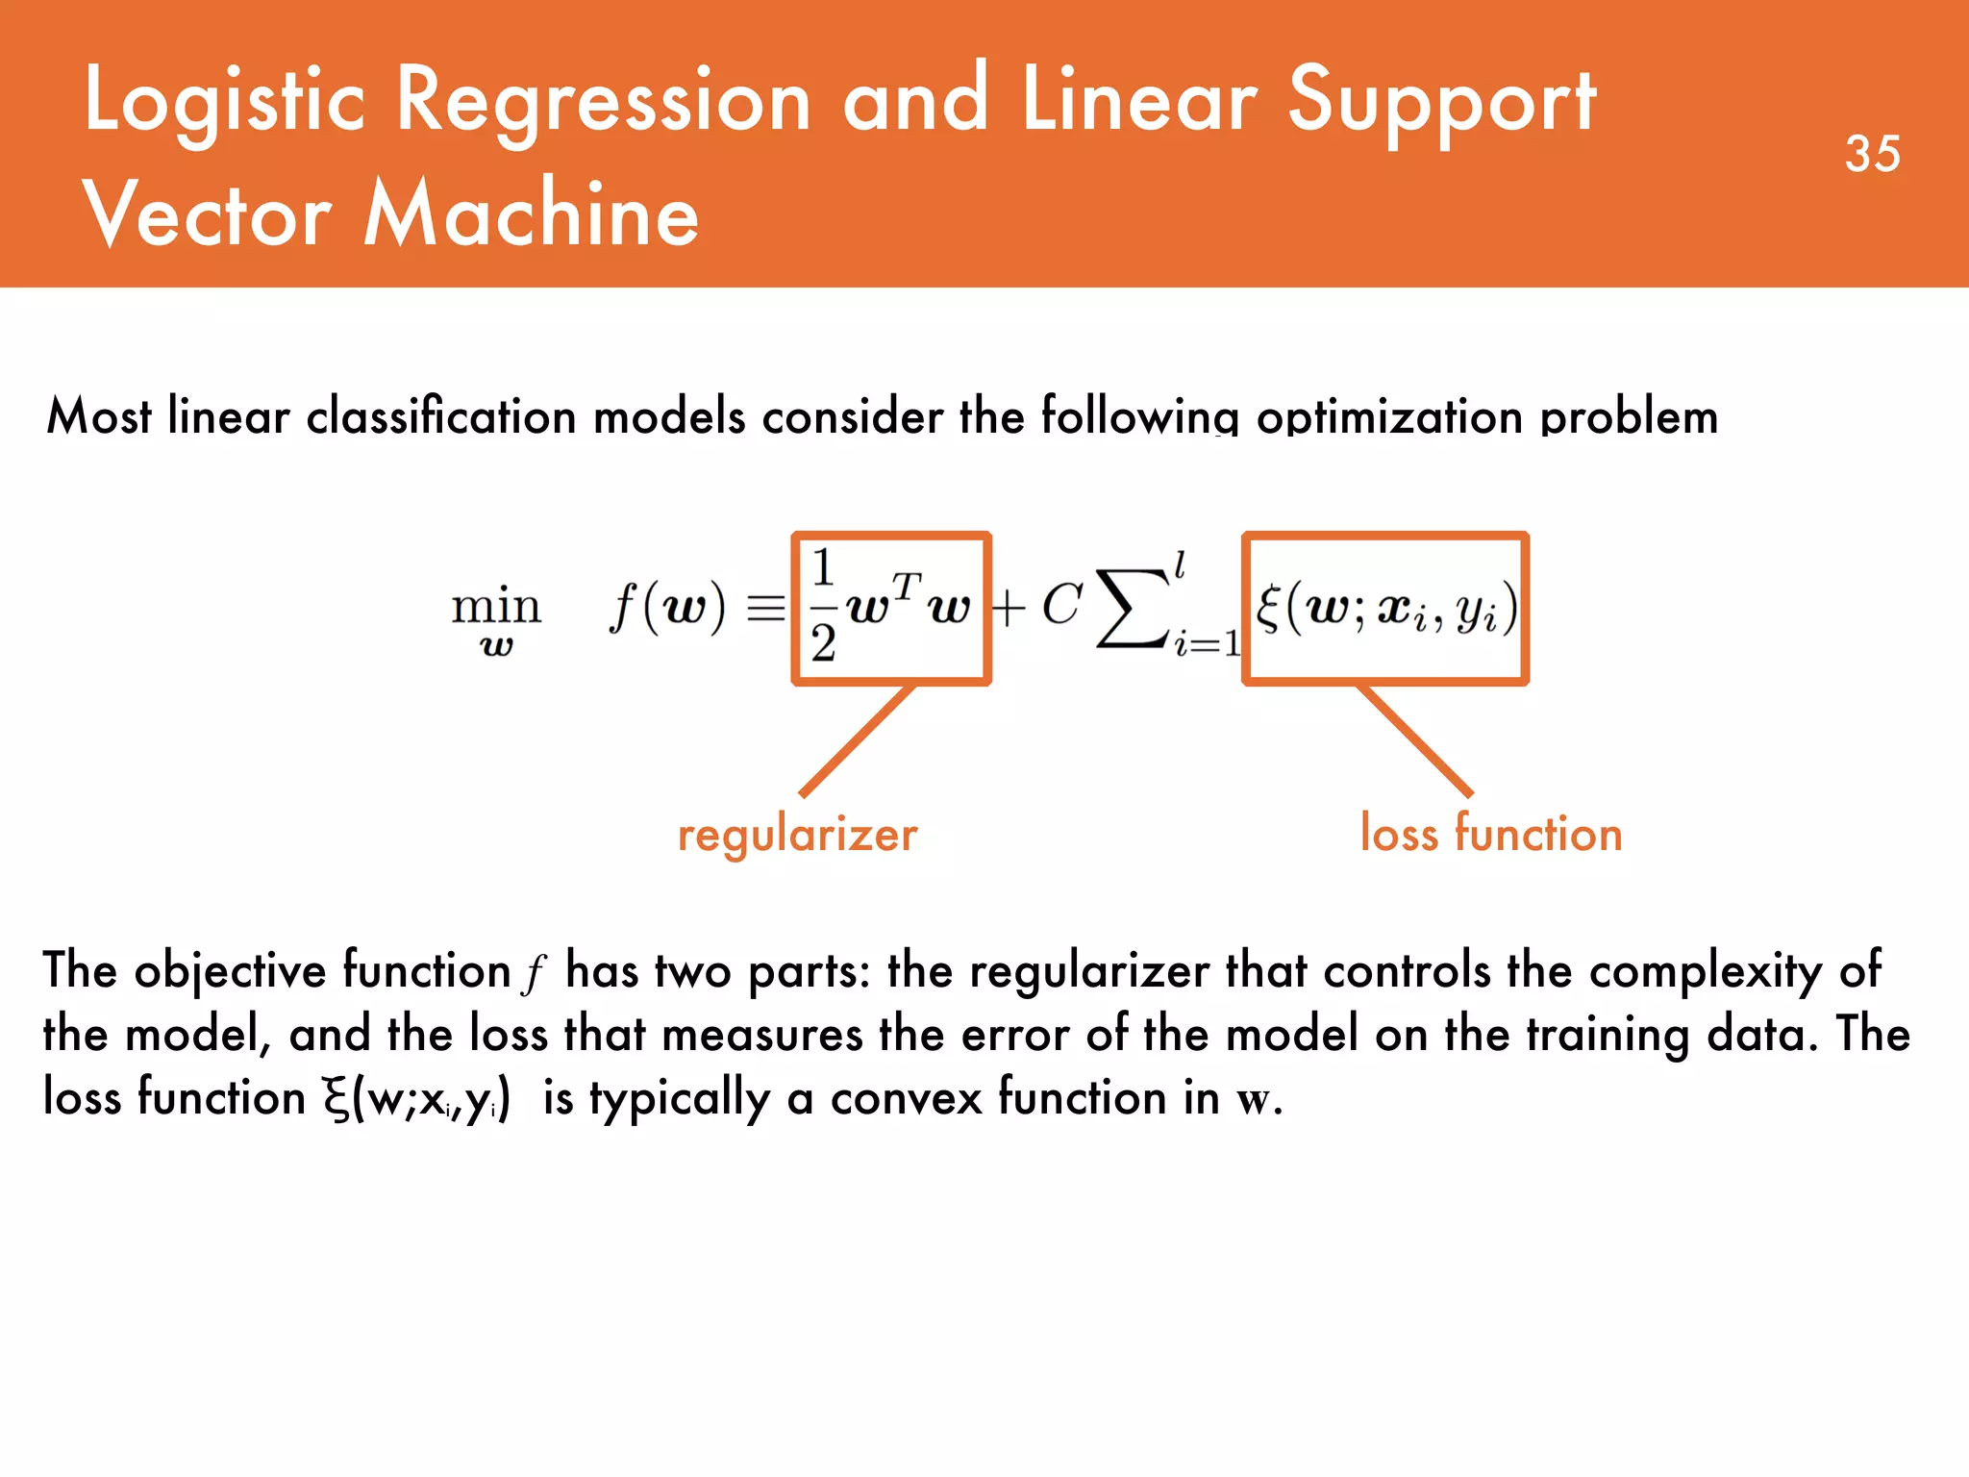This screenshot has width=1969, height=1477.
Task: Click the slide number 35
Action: coord(1872,154)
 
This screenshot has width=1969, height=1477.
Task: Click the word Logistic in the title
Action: coord(225,101)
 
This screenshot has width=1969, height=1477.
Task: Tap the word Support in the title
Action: coord(1441,101)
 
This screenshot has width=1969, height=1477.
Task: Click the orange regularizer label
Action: coord(797,834)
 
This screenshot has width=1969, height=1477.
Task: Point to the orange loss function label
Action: coord(1490,833)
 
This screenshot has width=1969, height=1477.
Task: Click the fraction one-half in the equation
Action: coord(823,606)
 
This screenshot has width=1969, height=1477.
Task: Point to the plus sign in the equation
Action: coord(1008,609)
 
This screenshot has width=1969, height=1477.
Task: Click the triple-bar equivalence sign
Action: coord(766,609)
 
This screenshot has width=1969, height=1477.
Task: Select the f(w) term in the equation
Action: coord(667,608)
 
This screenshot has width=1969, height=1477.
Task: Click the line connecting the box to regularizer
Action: coord(857,740)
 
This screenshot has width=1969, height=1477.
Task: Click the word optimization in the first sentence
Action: coord(1389,417)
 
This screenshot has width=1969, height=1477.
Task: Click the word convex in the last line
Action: coord(906,1097)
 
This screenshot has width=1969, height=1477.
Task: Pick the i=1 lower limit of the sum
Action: coord(1206,643)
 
